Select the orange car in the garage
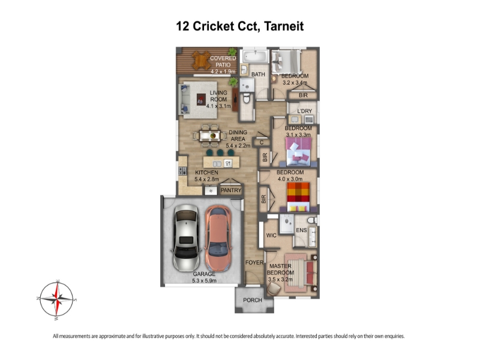point(218,239)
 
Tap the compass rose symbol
point(56,299)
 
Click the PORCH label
point(253,300)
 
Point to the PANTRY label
point(231,190)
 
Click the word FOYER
point(254,262)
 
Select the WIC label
point(271,235)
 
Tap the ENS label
point(302,230)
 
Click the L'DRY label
point(305,111)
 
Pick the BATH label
point(258,74)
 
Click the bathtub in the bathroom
point(255,56)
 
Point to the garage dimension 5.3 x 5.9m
point(204,280)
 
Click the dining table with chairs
point(210,136)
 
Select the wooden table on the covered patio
point(201,60)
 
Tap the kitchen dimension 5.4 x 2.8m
point(206,179)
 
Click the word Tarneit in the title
point(284,26)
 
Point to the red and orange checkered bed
point(298,197)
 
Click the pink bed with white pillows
point(298,152)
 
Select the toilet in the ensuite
point(312,220)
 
